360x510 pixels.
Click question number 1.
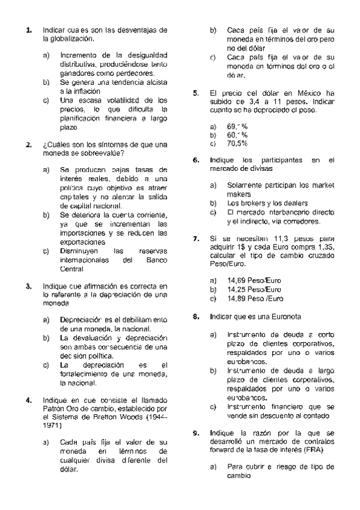28,30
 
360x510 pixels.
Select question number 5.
196,93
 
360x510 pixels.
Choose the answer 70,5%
237,144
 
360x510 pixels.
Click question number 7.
196,239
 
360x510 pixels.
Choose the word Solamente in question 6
245,185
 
